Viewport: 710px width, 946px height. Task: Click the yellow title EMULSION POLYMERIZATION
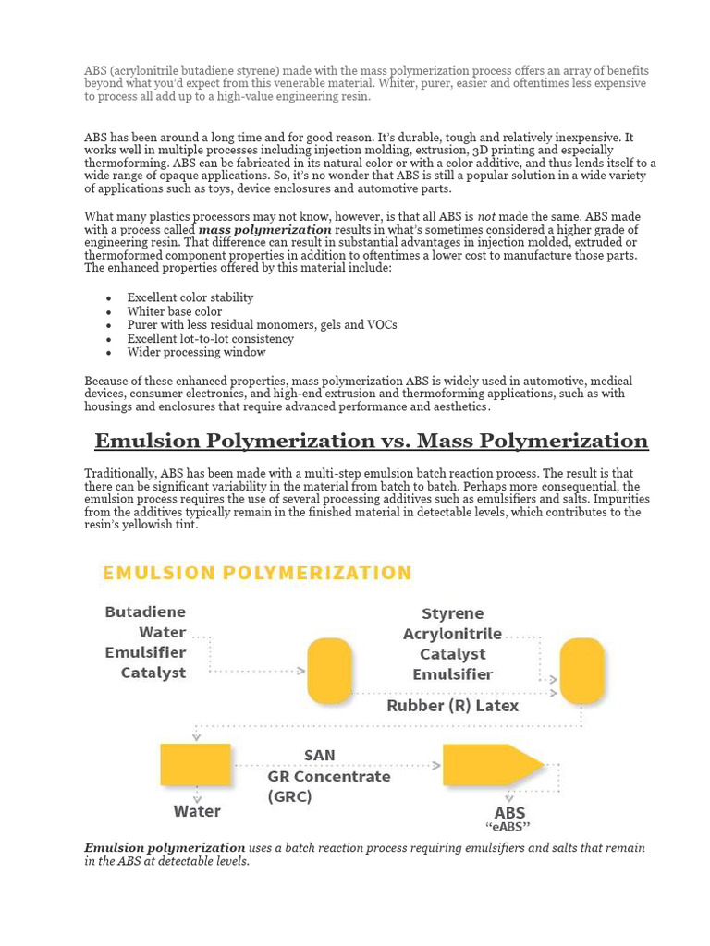[257, 573]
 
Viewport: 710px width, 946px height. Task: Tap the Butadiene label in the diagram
[145, 612]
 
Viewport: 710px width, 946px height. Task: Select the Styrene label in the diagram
[452, 613]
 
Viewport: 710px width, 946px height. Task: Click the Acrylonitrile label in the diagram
[452, 634]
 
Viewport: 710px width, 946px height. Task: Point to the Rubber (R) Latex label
[452, 706]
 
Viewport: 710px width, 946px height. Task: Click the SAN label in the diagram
[319, 756]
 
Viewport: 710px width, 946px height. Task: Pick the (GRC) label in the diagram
[289, 796]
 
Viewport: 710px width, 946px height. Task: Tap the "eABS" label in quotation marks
[508, 827]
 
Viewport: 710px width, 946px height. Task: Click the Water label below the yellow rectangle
[197, 811]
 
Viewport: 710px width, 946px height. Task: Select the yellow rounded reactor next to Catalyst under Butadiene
[329, 671]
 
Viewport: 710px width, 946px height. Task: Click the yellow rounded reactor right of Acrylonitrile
[582, 671]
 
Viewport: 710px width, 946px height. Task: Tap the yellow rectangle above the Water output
[196, 765]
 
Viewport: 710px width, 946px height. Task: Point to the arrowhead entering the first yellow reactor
[301, 672]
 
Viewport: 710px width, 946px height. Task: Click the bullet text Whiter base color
[175, 311]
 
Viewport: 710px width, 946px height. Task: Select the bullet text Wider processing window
[196, 352]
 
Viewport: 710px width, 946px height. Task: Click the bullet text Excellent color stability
[190, 297]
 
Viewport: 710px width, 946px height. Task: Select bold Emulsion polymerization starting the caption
[165, 847]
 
